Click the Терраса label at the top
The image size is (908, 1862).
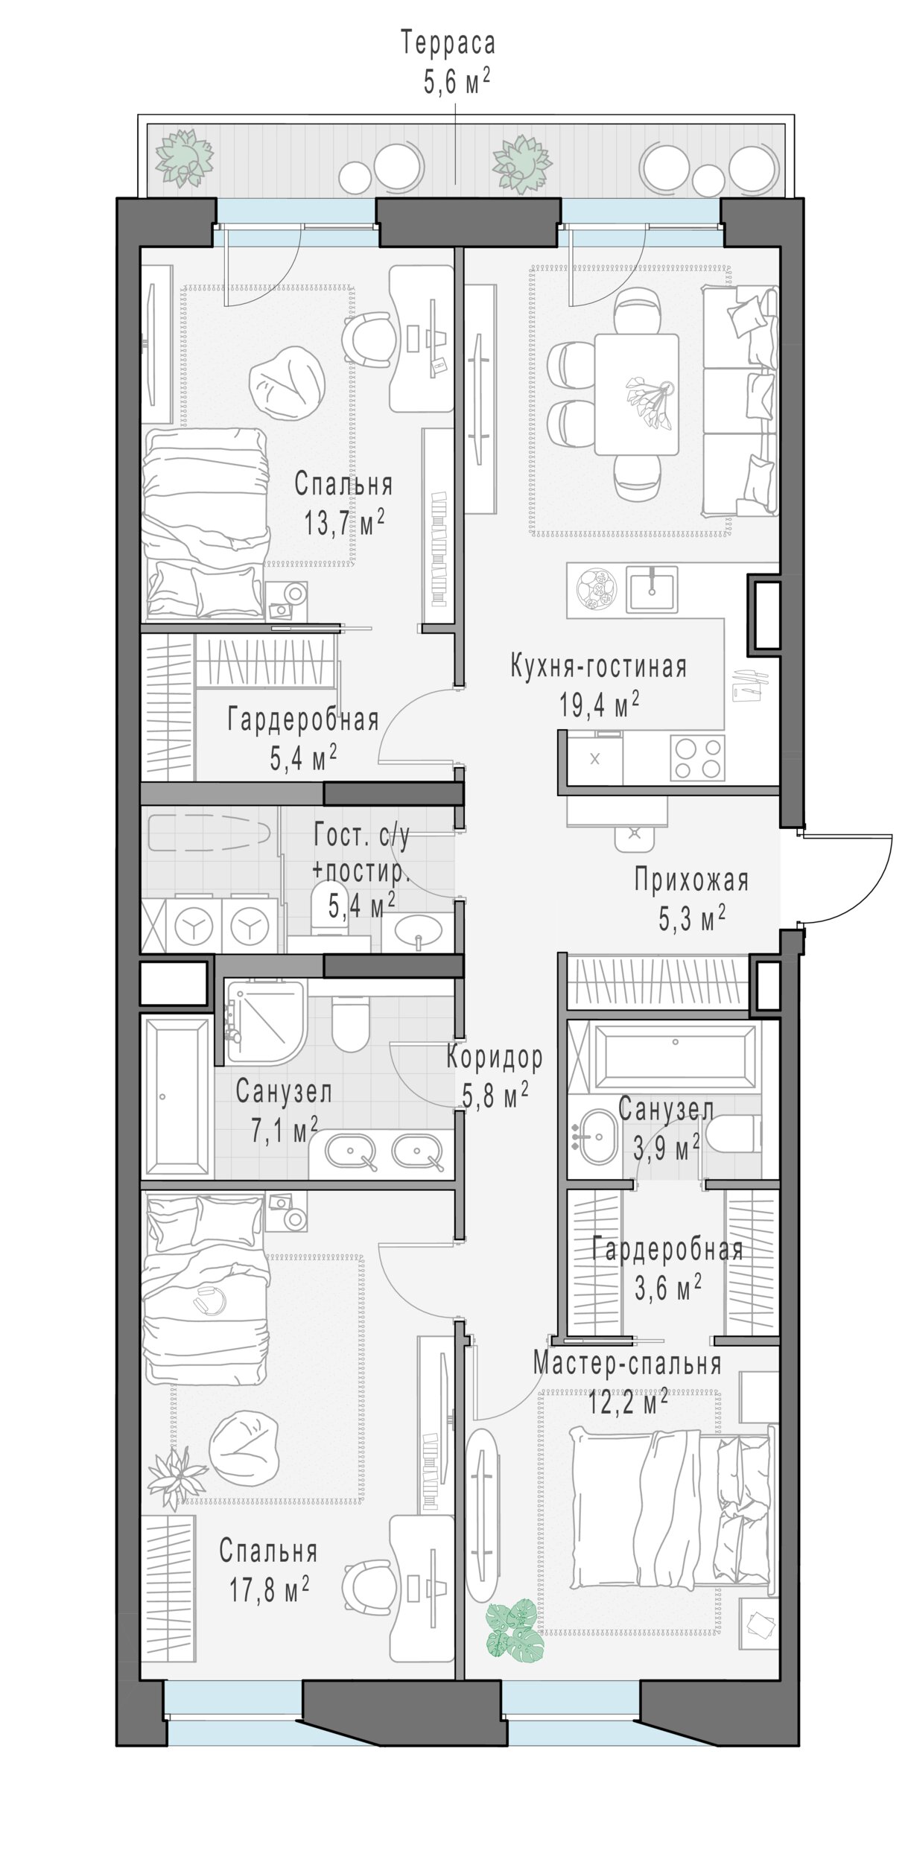(448, 43)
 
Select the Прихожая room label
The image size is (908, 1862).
(691, 880)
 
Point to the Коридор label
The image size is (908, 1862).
(495, 1057)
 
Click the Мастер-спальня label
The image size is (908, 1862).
(627, 1364)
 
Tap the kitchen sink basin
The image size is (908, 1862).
(652, 589)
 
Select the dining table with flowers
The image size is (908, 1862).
(637, 394)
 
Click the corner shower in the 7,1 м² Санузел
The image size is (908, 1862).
(267, 1021)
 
